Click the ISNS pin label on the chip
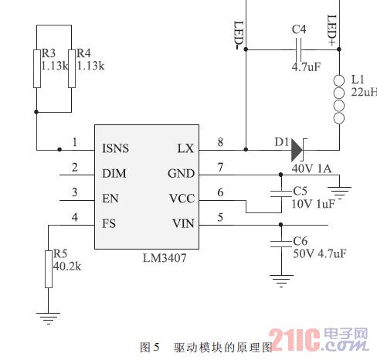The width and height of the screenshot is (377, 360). (115, 148)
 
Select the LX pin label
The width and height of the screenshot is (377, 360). (185, 148)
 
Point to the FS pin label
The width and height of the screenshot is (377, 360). (109, 223)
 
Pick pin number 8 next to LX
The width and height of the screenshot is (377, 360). (220, 142)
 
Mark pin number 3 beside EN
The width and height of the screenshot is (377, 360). (74, 192)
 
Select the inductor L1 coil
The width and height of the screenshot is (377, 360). (338, 99)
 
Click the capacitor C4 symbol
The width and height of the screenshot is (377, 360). (298, 49)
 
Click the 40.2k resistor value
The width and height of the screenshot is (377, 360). (67, 265)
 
